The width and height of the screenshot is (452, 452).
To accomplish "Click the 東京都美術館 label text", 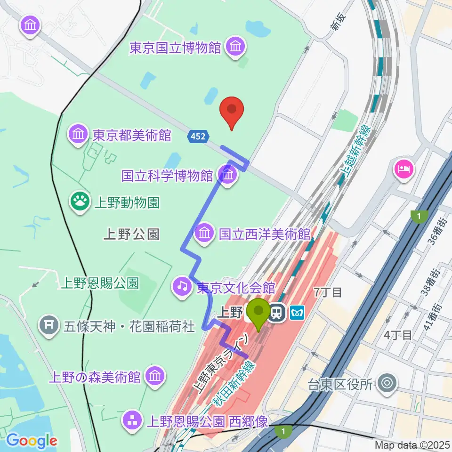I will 131,136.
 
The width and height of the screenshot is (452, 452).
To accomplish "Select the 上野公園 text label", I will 131,234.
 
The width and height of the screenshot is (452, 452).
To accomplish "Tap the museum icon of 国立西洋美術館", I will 204,233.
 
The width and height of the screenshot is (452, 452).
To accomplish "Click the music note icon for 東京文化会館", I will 182,286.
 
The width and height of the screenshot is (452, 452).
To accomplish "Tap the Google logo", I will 32,440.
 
